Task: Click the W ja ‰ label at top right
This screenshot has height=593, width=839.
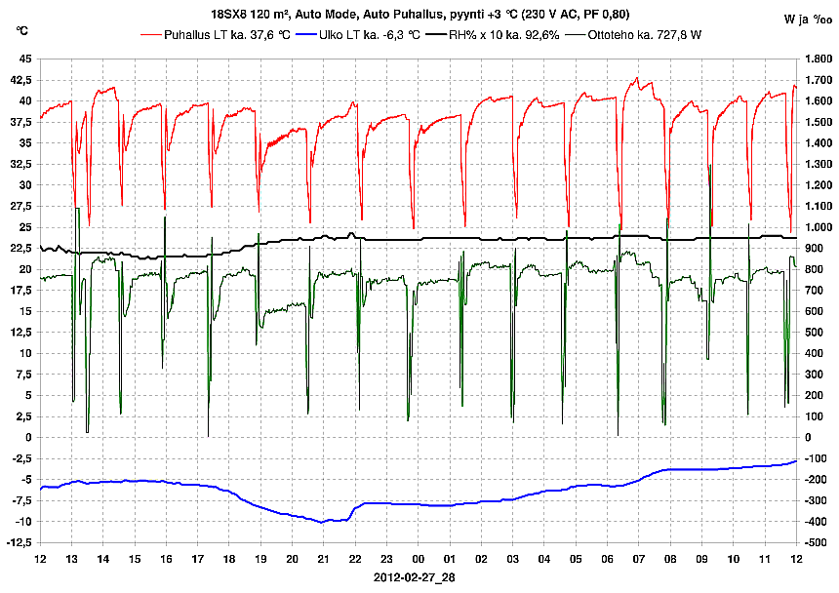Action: [x=806, y=19]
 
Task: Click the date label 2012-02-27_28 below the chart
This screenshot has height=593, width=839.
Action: [x=415, y=577]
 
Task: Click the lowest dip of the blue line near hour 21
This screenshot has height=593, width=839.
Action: [x=322, y=522]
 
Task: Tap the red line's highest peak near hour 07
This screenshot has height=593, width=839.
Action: [x=637, y=78]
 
